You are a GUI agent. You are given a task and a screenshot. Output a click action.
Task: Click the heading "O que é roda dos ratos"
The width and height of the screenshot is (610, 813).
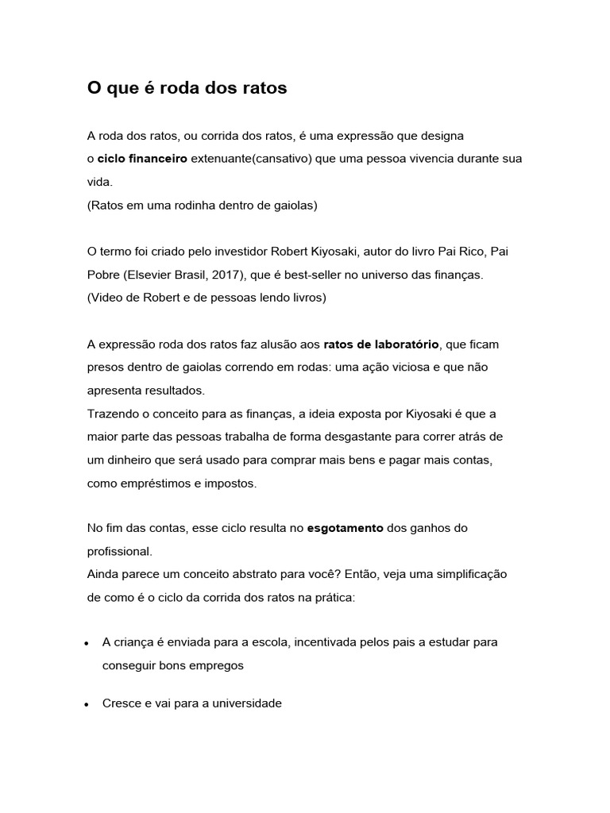(x=187, y=89)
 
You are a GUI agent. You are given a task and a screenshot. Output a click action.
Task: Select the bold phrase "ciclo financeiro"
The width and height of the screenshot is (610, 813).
(x=142, y=159)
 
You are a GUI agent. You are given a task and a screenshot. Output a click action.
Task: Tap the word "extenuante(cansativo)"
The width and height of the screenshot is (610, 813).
(x=251, y=159)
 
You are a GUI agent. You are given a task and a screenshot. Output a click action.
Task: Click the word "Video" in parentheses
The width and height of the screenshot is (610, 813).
(x=106, y=298)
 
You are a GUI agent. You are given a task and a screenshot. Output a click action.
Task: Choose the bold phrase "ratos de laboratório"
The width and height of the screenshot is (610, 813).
(x=381, y=345)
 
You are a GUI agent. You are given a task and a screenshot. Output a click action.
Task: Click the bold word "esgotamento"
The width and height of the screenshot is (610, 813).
(x=345, y=528)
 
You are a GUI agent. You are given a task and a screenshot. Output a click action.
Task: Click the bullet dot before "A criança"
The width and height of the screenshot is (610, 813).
(x=85, y=643)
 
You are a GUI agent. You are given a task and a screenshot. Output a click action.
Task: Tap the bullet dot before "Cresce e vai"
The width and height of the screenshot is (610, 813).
(x=85, y=704)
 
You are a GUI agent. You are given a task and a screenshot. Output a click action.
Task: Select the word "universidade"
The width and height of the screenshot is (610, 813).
(x=242, y=703)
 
